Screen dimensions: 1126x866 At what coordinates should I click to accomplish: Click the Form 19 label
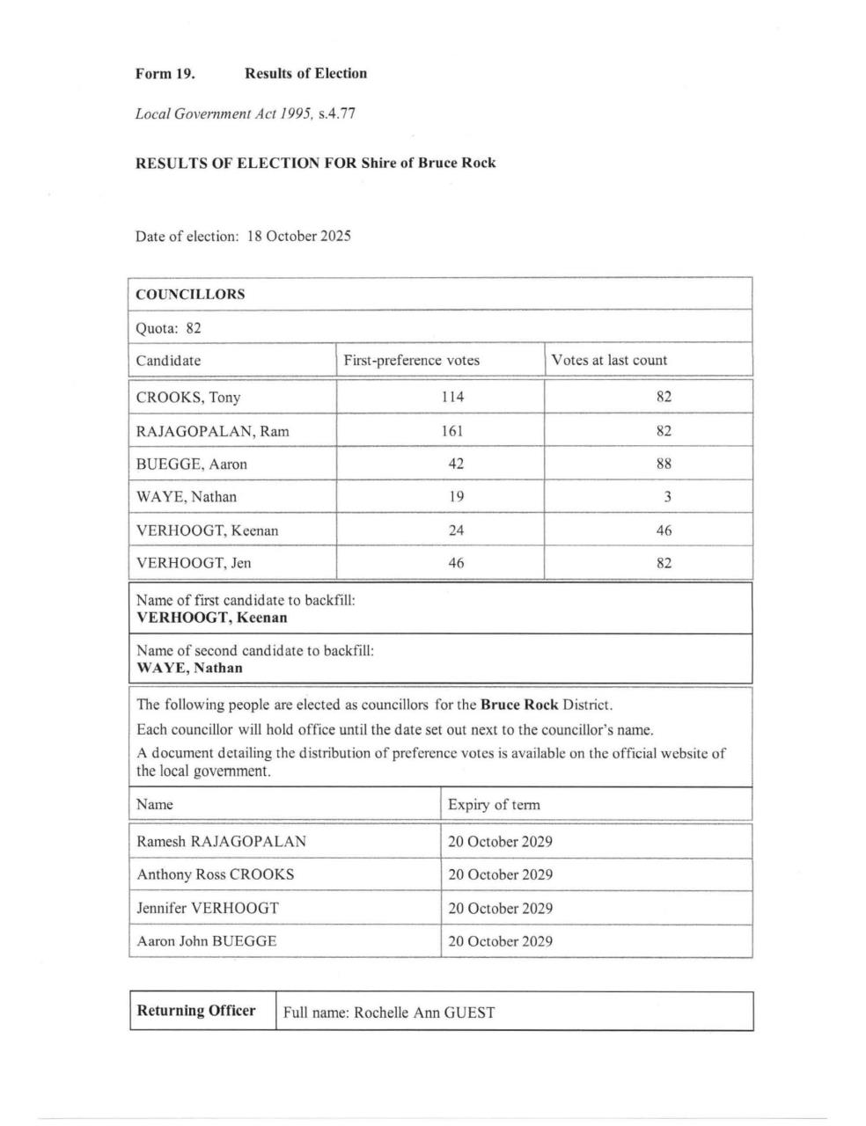click(x=165, y=74)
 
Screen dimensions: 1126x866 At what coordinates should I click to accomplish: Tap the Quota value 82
click(x=194, y=328)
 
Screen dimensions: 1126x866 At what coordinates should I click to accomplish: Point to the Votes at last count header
click(x=609, y=361)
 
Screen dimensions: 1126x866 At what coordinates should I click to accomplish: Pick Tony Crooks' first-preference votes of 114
click(x=452, y=398)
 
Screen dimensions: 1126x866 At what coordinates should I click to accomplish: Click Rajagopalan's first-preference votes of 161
click(x=452, y=431)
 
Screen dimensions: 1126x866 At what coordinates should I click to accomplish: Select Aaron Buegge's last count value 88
click(x=664, y=464)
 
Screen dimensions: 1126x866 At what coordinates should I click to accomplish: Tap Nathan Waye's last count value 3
click(x=667, y=497)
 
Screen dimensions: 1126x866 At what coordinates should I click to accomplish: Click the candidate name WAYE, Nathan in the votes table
click(x=186, y=497)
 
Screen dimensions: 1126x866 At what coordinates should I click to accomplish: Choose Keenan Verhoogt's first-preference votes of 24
click(x=455, y=530)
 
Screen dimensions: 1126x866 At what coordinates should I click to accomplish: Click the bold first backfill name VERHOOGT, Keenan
click(x=211, y=618)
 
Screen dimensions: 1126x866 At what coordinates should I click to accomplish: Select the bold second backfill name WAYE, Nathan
click(x=189, y=668)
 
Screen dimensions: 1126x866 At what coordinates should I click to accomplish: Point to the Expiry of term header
click(x=494, y=805)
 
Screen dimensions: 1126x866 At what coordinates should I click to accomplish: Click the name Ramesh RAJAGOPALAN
click(x=221, y=842)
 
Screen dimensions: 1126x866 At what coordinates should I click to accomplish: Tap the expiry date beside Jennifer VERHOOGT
click(x=500, y=909)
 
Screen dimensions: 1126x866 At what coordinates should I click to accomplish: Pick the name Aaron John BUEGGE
click(x=207, y=941)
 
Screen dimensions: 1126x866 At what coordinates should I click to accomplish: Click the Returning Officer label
click(x=196, y=1011)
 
